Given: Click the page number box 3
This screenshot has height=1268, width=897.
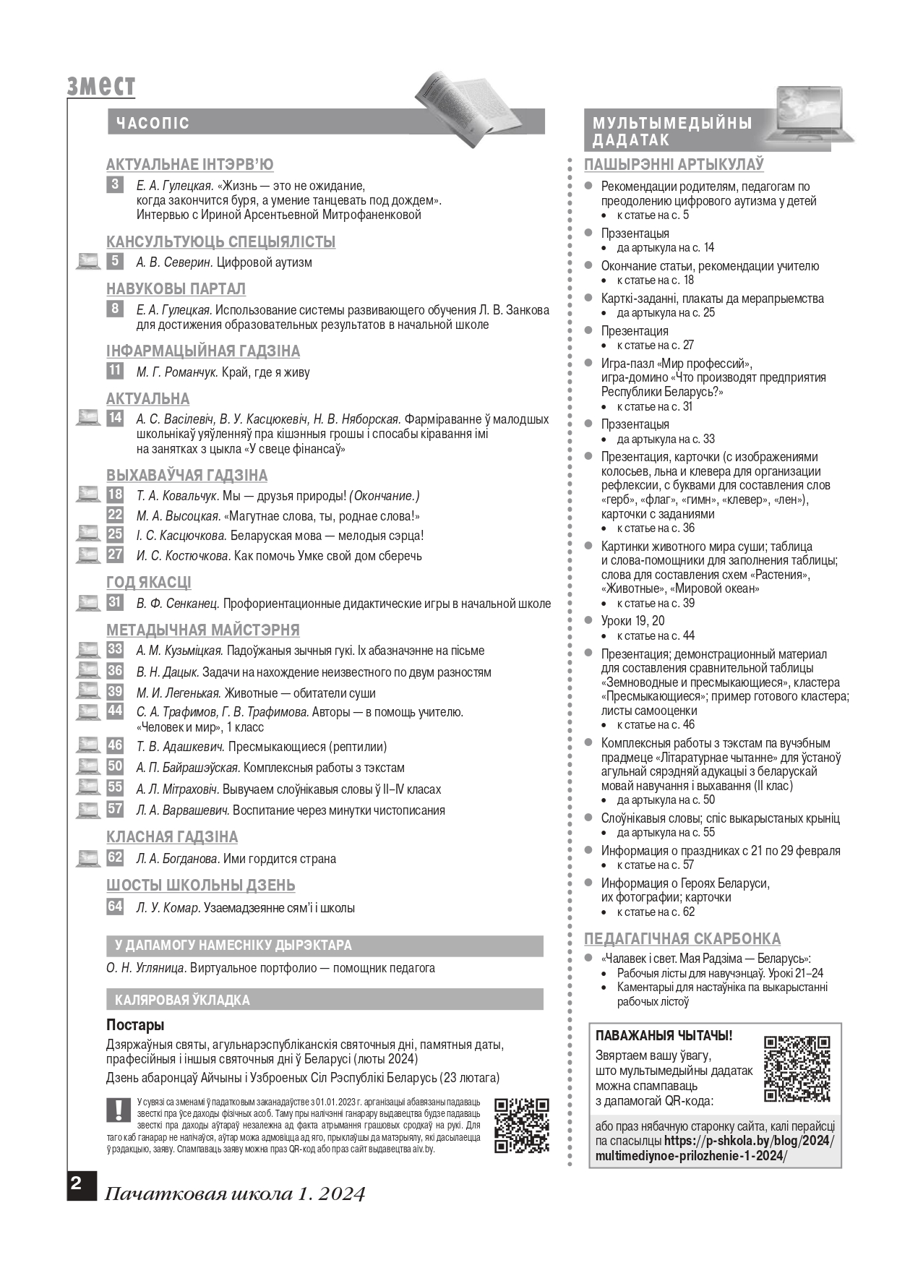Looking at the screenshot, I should (x=115, y=185).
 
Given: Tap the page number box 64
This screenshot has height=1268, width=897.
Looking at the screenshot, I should (x=115, y=907).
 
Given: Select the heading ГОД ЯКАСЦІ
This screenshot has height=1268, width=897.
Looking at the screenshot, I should (x=149, y=583).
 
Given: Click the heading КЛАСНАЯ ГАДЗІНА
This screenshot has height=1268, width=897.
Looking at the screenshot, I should (x=172, y=837).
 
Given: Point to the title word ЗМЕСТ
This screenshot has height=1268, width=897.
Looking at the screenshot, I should (x=101, y=86).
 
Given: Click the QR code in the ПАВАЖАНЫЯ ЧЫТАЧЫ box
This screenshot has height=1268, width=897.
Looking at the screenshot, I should (x=797, y=1068).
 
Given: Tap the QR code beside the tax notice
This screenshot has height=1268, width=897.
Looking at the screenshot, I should (x=522, y=1126).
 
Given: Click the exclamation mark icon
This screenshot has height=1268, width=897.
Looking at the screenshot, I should (x=116, y=1110).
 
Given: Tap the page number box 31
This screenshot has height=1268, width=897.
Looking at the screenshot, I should (x=115, y=602).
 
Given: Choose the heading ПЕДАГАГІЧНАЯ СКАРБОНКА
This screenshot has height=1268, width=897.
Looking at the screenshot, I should (x=682, y=939).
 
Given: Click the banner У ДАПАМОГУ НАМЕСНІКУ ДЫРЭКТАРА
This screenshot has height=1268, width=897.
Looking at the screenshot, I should (x=325, y=946).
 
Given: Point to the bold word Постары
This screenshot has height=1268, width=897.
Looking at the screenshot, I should (x=135, y=1025).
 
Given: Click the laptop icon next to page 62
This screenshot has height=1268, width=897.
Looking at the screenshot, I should (x=88, y=858).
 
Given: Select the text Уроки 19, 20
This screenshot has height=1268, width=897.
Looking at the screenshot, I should (x=632, y=621).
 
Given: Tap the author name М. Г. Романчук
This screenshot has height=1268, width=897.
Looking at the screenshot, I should (x=177, y=372).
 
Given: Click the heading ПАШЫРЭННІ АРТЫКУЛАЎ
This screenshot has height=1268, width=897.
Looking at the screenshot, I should (x=674, y=165).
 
